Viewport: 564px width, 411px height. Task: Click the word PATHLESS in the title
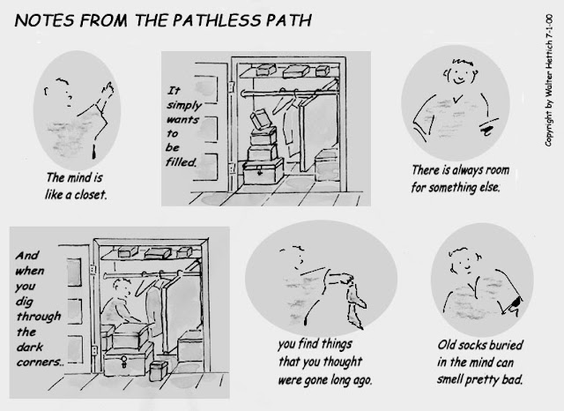(218, 20)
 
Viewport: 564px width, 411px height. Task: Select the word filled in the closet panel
(181, 162)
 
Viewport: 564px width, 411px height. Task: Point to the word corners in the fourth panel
(40, 362)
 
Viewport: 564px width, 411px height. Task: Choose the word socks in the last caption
(477, 345)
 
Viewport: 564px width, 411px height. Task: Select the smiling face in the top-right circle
(460, 73)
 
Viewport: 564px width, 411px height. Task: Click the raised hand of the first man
(108, 89)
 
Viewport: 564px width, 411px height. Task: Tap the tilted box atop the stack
(261, 120)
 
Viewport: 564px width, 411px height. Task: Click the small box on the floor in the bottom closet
(159, 371)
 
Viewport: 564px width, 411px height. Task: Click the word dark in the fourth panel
(29, 347)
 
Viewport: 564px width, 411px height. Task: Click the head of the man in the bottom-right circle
(464, 260)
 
